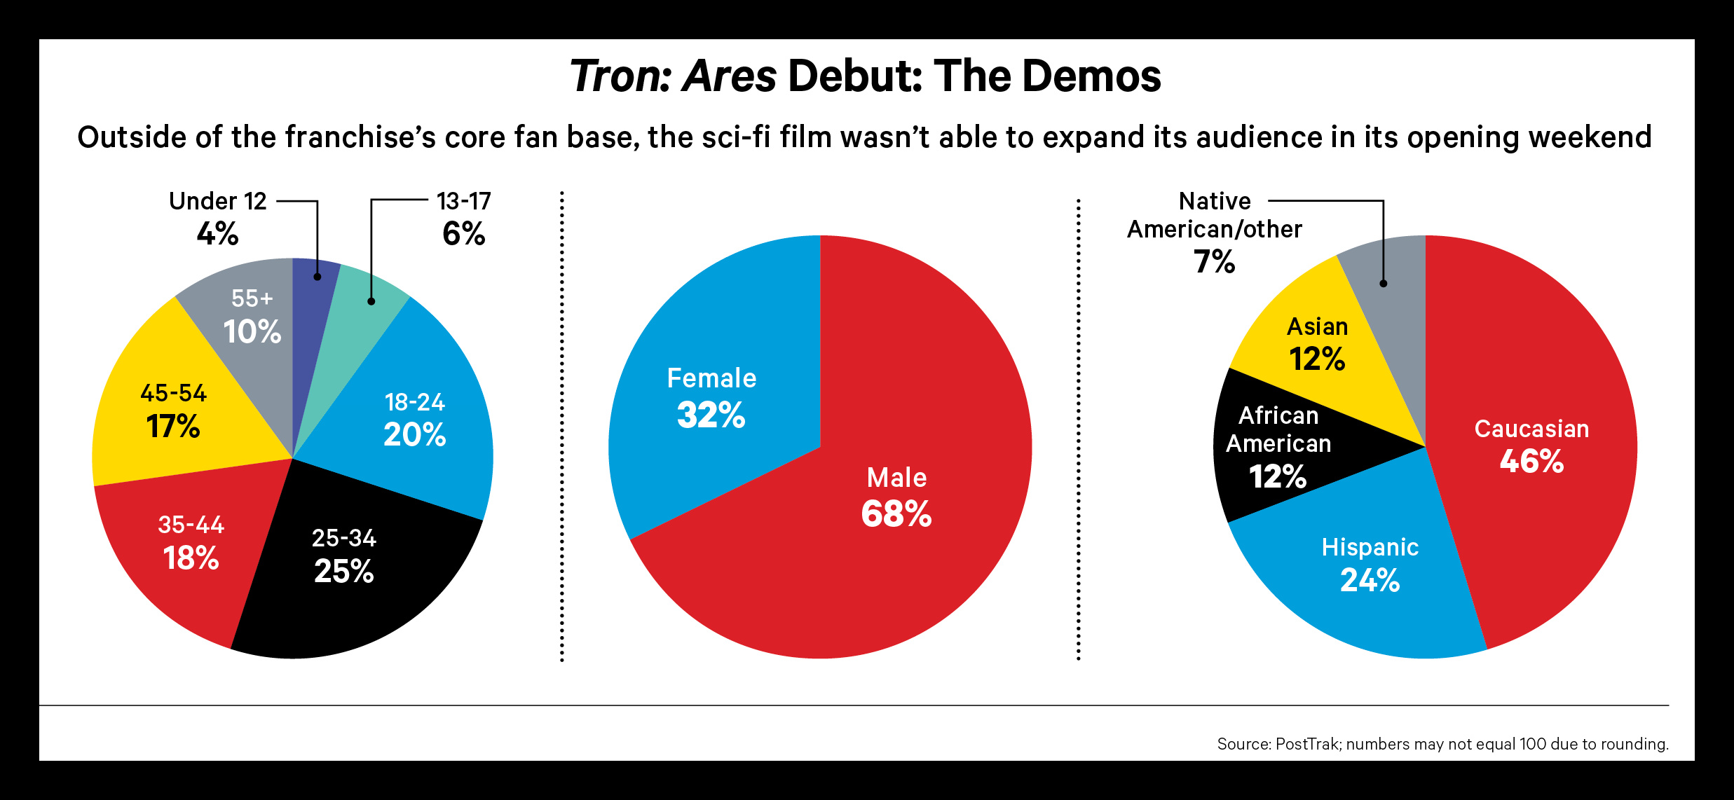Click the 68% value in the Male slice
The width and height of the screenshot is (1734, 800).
pyautogui.click(x=896, y=513)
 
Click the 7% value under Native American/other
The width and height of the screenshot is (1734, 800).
pyautogui.click(x=1214, y=262)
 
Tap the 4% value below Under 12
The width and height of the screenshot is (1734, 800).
pyautogui.click(x=217, y=233)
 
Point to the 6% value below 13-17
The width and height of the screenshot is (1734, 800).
pyautogui.click(x=463, y=233)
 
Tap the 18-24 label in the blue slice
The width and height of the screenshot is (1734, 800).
pyautogui.click(x=415, y=402)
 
